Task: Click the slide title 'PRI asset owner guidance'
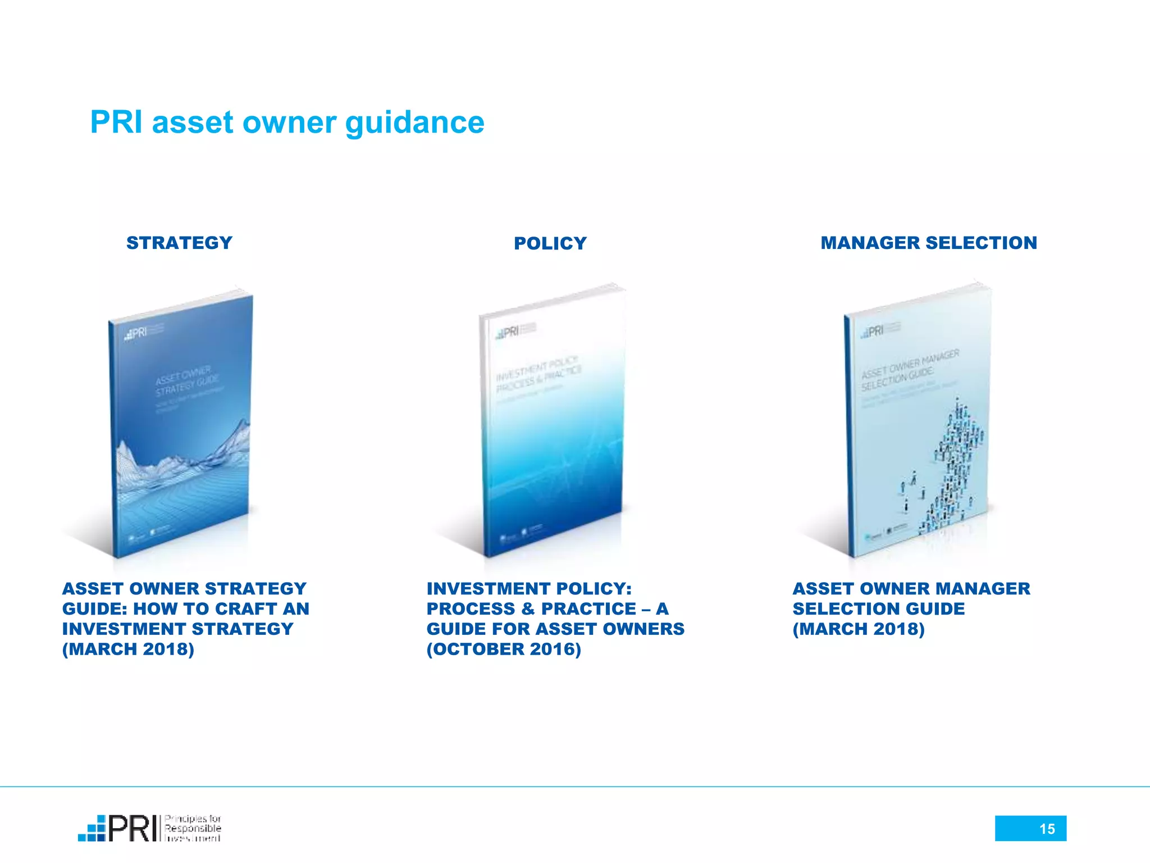point(287,122)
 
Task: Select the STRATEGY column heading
point(179,243)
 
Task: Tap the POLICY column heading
point(550,243)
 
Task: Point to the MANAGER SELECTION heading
point(929,243)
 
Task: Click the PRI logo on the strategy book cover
point(136,333)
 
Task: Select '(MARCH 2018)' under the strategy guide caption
point(128,649)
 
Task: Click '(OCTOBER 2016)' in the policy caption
point(504,649)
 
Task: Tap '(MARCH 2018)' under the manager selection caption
point(858,629)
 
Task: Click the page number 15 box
point(1030,828)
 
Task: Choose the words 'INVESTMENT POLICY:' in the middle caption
point(529,588)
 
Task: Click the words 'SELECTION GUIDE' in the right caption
point(878,608)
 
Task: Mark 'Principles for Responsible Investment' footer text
point(193,828)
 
